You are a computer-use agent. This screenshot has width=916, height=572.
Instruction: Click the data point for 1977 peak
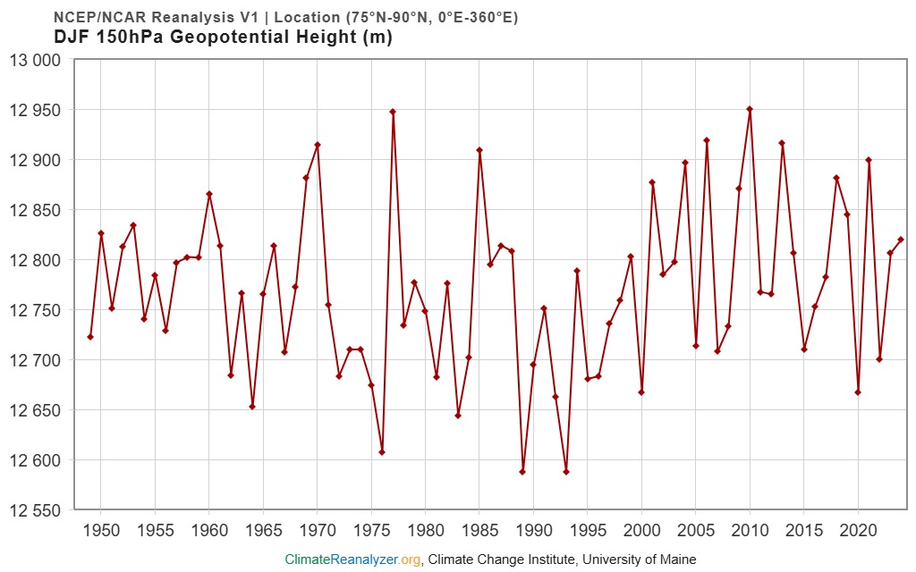coord(393,112)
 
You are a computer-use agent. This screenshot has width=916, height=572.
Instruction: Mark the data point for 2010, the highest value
coord(750,109)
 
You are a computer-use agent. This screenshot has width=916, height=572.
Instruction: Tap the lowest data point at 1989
coord(522,472)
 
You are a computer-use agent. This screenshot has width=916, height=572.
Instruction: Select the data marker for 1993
coord(566,472)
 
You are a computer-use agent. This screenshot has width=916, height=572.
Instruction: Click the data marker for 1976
coord(382,452)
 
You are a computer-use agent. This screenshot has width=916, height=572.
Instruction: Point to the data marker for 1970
coord(318,145)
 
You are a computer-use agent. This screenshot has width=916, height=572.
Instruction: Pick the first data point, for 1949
coord(90,337)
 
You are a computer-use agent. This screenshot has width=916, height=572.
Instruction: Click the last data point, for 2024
coord(901,240)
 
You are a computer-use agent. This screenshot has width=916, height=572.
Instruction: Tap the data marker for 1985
coord(479,150)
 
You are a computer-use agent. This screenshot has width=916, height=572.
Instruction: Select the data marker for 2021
coord(869,160)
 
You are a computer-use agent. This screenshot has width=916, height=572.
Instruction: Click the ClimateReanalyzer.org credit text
coord(352,559)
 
